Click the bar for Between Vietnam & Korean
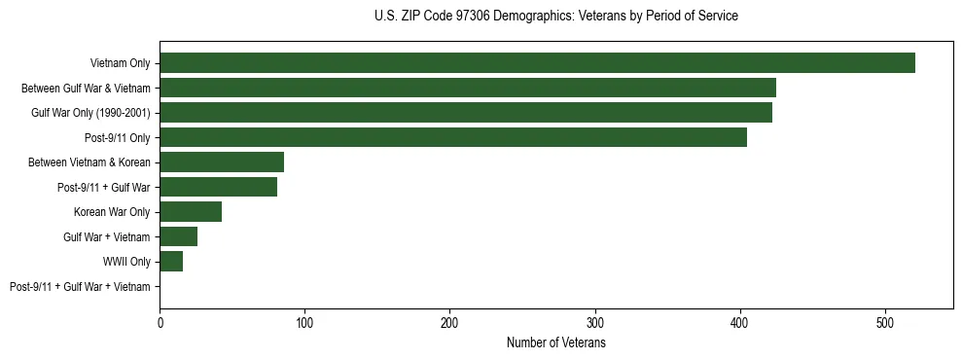222,162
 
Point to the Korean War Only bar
191,212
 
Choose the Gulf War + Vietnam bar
178,236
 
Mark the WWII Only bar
171,262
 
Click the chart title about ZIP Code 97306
555,17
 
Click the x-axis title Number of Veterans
555,343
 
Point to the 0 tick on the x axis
160,323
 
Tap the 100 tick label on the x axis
304,323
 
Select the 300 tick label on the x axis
595,323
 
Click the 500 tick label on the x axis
885,323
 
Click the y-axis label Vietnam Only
120,63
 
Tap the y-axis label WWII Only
126,262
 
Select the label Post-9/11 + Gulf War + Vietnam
80,287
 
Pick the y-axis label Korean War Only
112,212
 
